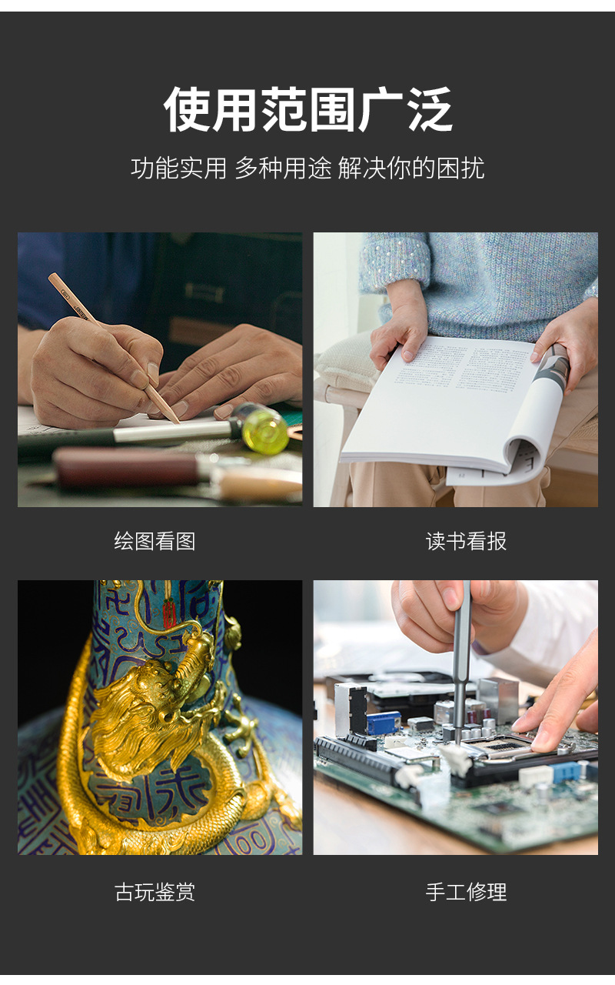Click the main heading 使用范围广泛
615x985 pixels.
click(x=307, y=109)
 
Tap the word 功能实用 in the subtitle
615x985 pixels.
click(x=178, y=168)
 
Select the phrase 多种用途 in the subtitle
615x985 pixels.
click(x=282, y=168)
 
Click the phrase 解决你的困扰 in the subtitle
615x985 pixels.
click(x=411, y=168)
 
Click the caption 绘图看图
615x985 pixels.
click(x=155, y=541)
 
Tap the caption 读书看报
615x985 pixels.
click(x=466, y=541)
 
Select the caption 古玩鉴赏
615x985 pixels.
click(x=155, y=892)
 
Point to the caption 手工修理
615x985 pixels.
click(x=466, y=892)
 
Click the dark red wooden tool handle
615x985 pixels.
click(x=123, y=467)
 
